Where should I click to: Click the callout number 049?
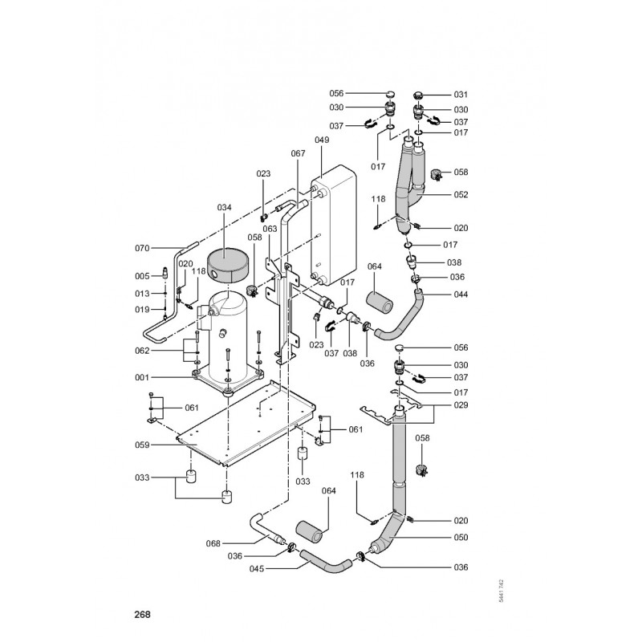321,140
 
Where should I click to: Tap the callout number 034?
225,207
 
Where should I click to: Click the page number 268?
141,616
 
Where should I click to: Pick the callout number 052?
461,195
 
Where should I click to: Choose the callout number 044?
461,295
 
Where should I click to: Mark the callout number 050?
461,538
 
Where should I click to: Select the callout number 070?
143,249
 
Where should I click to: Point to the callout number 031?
461,94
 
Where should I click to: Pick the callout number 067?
298,153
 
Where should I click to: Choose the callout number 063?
270,229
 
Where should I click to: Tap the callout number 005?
143,277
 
